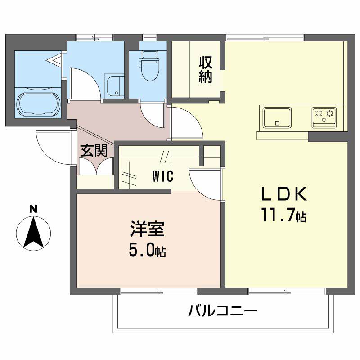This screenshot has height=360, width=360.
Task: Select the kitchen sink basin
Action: (277, 117)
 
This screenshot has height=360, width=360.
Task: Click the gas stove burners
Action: (324, 116)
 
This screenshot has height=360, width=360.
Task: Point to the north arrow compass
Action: (33, 233)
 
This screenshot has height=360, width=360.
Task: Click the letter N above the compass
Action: (33, 209)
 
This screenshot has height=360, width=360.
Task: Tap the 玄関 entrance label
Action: (94, 151)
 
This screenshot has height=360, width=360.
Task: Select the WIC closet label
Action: (163, 176)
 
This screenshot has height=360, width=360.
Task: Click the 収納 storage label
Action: (206, 70)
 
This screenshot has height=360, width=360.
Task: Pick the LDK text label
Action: (284, 194)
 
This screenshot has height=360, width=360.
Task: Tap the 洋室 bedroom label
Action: (148, 229)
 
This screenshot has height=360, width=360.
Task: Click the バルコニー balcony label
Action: (222, 311)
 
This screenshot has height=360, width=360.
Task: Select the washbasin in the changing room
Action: (114, 86)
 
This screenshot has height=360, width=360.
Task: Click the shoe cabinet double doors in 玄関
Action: (96, 166)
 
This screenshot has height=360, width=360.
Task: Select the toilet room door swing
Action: (152, 115)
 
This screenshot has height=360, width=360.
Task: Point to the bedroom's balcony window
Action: (159, 291)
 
